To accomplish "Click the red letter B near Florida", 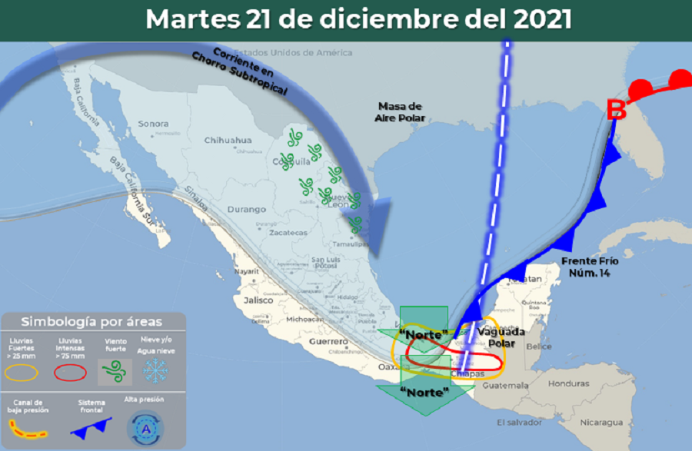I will point(617,110).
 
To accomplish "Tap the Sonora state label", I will point(153,124).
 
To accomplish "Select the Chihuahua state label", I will point(228,141).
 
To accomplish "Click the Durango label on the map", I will point(247,209).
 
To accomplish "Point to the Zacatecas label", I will point(288,232).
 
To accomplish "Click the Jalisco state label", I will point(258,300).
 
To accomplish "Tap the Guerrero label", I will point(329,340).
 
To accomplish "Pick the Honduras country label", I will point(569,384).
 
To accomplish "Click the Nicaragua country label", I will point(601,423).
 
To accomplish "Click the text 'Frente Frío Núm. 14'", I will point(591,266).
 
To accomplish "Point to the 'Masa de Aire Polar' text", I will point(400,112).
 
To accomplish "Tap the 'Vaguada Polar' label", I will point(501,337).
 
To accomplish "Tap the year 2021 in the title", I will point(534,19).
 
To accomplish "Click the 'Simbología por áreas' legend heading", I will point(92,321).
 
